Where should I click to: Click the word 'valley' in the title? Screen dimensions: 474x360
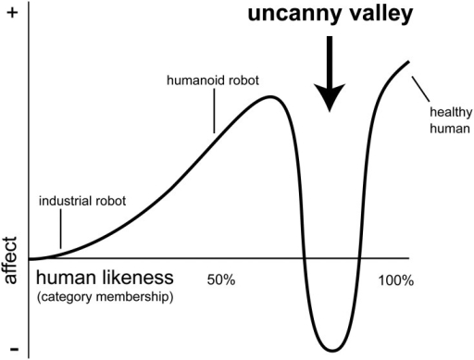pos(372,15)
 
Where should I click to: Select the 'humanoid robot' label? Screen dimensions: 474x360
pos(213,81)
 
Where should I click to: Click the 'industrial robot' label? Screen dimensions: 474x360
pos(82,201)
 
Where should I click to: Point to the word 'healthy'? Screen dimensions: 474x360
pos(451,113)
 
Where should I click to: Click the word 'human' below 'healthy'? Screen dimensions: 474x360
pos(450,129)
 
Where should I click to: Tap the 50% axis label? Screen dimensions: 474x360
pos(221,280)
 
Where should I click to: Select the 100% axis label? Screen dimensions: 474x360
pos(396,280)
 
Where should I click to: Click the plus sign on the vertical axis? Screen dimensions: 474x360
pos(12,13)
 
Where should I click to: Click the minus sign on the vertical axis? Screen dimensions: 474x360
pos(14,349)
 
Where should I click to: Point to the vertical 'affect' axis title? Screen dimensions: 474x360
pos(10,261)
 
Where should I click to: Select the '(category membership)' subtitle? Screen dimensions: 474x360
pos(105,297)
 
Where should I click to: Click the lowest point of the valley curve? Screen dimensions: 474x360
pos(332,351)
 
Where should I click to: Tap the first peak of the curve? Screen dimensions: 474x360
pos(270,97)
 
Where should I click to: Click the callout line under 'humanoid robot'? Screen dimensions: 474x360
pos(214,111)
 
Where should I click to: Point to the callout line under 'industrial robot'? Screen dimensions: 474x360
pos(60,229)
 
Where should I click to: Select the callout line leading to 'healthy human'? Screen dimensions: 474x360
pos(420,89)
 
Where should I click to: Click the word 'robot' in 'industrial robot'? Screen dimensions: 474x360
pos(111,201)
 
